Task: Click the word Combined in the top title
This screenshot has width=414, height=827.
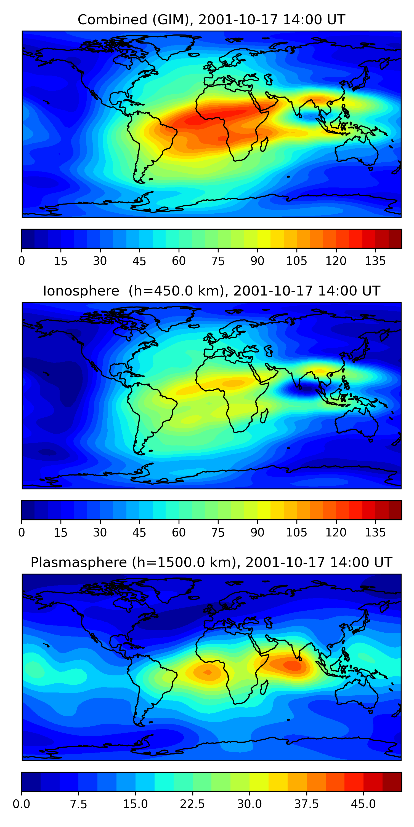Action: [x=112, y=20]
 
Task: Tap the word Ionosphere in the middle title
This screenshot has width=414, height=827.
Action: [x=81, y=291]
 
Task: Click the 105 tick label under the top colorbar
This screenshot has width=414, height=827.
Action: [x=296, y=261]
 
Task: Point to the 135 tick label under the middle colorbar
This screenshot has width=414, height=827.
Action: [x=375, y=533]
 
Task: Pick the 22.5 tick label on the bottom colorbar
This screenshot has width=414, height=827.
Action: [x=192, y=804]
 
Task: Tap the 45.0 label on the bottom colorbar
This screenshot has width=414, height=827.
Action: [x=363, y=804]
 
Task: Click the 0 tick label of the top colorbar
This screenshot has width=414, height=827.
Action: [x=22, y=261]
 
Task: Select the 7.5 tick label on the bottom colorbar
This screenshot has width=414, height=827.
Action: [x=78, y=804]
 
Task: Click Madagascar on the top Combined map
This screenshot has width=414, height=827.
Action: [x=264, y=144]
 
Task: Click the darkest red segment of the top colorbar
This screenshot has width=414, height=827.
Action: [x=395, y=238]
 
